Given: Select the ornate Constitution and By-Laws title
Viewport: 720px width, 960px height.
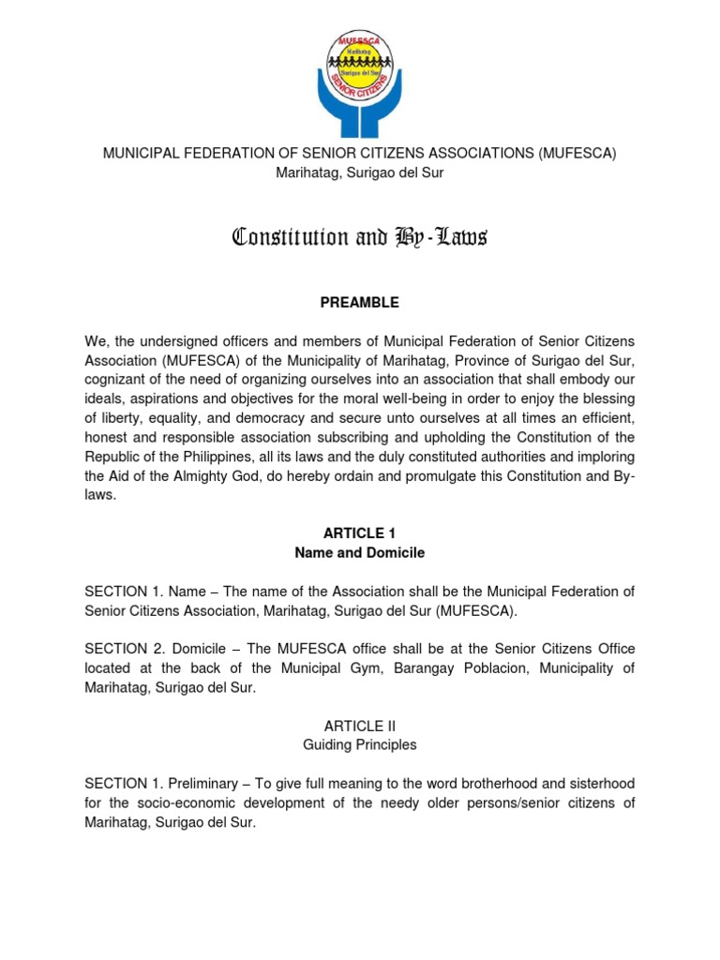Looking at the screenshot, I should tap(359, 237).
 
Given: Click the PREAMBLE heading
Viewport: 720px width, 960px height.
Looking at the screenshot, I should tap(359, 303).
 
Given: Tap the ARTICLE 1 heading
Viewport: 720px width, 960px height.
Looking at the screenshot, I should tap(359, 533).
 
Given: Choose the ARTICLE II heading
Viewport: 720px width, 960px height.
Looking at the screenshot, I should tap(359, 726).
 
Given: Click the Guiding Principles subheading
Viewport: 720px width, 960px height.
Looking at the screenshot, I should tap(359, 745).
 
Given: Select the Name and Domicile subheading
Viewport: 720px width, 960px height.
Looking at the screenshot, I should tap(359, 553).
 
